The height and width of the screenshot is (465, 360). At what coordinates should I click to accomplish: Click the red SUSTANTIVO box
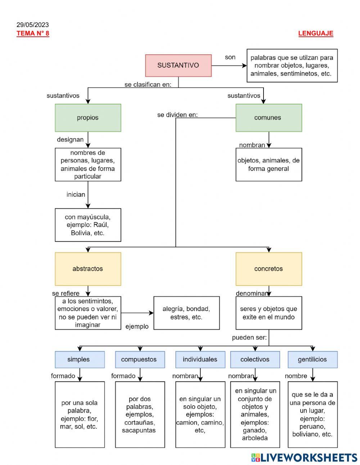tap(178, 66)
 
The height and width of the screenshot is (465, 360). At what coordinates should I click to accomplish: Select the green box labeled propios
tap(88, 118)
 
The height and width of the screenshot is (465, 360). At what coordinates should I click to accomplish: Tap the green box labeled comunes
tap(269, 118)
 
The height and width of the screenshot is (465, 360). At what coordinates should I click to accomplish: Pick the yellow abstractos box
tap(88, 269)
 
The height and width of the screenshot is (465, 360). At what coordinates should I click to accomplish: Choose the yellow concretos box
tap(269, 269)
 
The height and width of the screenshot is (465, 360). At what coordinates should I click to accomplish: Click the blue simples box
tap(80, 359)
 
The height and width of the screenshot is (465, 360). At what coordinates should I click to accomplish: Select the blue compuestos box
tap(140, 359)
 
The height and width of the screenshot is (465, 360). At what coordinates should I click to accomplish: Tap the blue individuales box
tap(200, 359)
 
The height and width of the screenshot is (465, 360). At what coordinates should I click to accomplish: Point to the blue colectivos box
tap(255, 359)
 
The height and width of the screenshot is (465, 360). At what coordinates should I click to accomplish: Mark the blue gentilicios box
tap(312, 359)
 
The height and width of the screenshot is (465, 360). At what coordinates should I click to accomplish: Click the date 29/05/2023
tap(33, 25)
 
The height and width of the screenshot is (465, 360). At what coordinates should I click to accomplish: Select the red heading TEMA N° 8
tap(33, 33)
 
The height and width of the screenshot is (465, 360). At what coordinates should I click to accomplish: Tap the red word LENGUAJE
tap(316, 33)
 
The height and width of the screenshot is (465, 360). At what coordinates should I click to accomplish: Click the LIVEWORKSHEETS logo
tap(304, 457)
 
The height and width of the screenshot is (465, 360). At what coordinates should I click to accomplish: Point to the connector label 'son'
tap(230, 57)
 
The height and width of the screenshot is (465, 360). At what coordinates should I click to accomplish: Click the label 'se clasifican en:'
tap(148, 85)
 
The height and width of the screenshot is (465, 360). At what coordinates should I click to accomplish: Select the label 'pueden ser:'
tap(249, 337)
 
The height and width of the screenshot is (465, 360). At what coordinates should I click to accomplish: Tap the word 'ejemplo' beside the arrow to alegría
tap(137, 326)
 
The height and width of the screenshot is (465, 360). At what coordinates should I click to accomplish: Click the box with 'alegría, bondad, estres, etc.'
tap(186, 313)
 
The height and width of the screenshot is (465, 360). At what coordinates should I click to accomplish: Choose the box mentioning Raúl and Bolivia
tap(88, 225)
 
